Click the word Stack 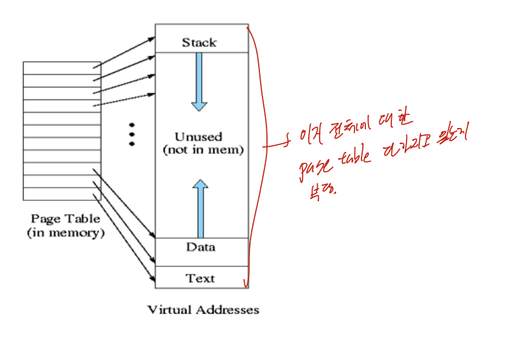[x=199, y=42]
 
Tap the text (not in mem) [x=203, y=150]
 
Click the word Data [x=200, y=247]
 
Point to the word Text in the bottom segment [x=200, y=278]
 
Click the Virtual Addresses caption [x=203, y=310]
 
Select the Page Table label [x=65, y=219]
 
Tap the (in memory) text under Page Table [x=65, y=233]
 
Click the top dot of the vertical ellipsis [x=132, y=124]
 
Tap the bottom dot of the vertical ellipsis [x=132, y=144]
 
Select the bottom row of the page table [x=62, y=194]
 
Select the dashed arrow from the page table [x=124, y=96]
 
